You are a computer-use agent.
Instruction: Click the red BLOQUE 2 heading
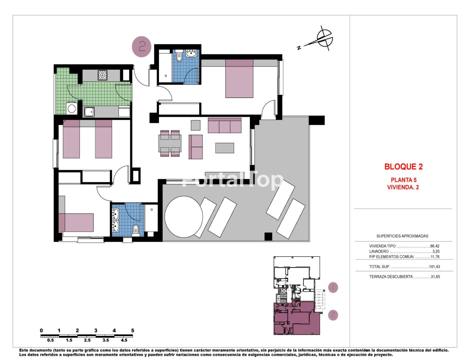[x=403, y=167]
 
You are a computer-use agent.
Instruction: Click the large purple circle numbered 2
[x=141, y=47]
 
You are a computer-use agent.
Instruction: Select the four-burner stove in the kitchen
[x=102, y=75]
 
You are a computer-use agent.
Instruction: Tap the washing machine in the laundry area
[x=71, y=108]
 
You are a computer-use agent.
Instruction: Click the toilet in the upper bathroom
[x=179, y=56]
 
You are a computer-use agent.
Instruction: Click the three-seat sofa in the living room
[x=225, y=125]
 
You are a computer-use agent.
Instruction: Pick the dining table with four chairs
[x=170, y=143]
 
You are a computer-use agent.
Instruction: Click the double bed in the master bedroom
[x=239, y=78]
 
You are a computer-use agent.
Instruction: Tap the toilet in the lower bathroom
[x=136, y=230]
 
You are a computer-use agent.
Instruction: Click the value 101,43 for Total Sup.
[x=434, y=267]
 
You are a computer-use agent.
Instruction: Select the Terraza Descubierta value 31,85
[x=435, y=277]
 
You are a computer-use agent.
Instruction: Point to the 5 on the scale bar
[x=133, y=330]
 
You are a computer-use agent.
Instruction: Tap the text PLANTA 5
[x=404, y=180]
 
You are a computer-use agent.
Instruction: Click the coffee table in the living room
[x=225, y=148]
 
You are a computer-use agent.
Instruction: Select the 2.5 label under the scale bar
[x=87, y=340]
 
